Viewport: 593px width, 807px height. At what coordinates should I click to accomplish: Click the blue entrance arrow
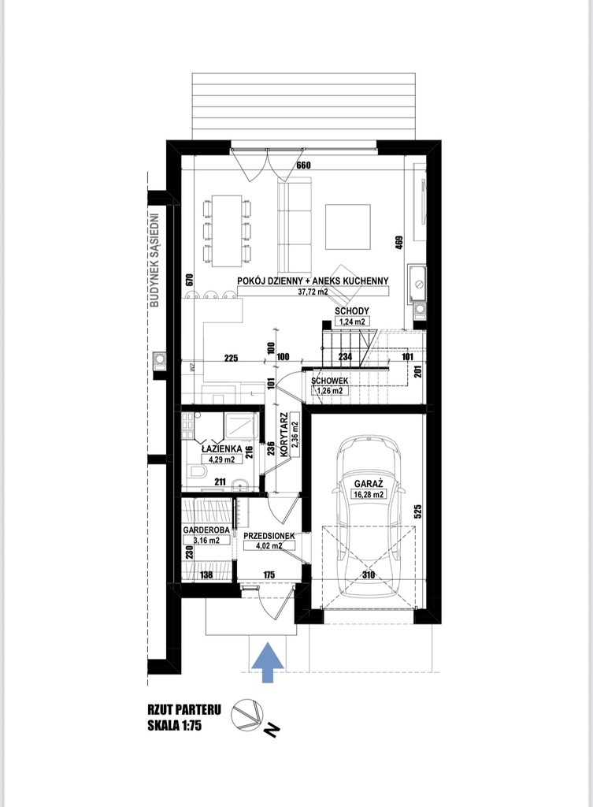click(x=268, y=663)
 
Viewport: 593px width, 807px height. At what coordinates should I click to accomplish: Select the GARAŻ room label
click(x=369, y=484)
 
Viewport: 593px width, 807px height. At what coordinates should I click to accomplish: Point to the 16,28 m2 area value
click(x=369, y=495)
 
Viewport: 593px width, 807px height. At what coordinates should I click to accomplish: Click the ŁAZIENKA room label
click(x=221, y=448)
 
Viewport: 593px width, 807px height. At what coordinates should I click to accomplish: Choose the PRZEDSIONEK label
click(x=269, y=536)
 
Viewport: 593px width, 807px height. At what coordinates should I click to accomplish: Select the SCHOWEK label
click(x=330, y=381)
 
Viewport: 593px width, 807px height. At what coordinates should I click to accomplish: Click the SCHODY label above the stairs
click(x=352, y=311)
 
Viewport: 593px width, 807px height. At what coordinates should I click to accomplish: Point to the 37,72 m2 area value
click(x=313, y=292)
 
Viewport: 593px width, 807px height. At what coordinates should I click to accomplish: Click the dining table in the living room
click(x=227, y=231)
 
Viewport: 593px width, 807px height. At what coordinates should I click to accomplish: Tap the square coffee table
click(x=347, y=227)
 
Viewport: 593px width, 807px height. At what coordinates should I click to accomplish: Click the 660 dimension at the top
click(x=305, y=165)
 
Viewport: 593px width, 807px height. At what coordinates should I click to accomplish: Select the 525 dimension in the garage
click(x=417, y=511)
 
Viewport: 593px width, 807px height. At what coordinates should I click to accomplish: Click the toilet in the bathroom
click(x=198, y=471)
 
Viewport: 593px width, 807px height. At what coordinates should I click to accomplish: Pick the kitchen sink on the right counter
click(x=416, y=283)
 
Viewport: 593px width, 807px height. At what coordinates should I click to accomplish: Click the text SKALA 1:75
click(x=174, y=726)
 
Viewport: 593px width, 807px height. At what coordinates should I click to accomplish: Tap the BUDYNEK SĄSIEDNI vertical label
click(x=154, y=260)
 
